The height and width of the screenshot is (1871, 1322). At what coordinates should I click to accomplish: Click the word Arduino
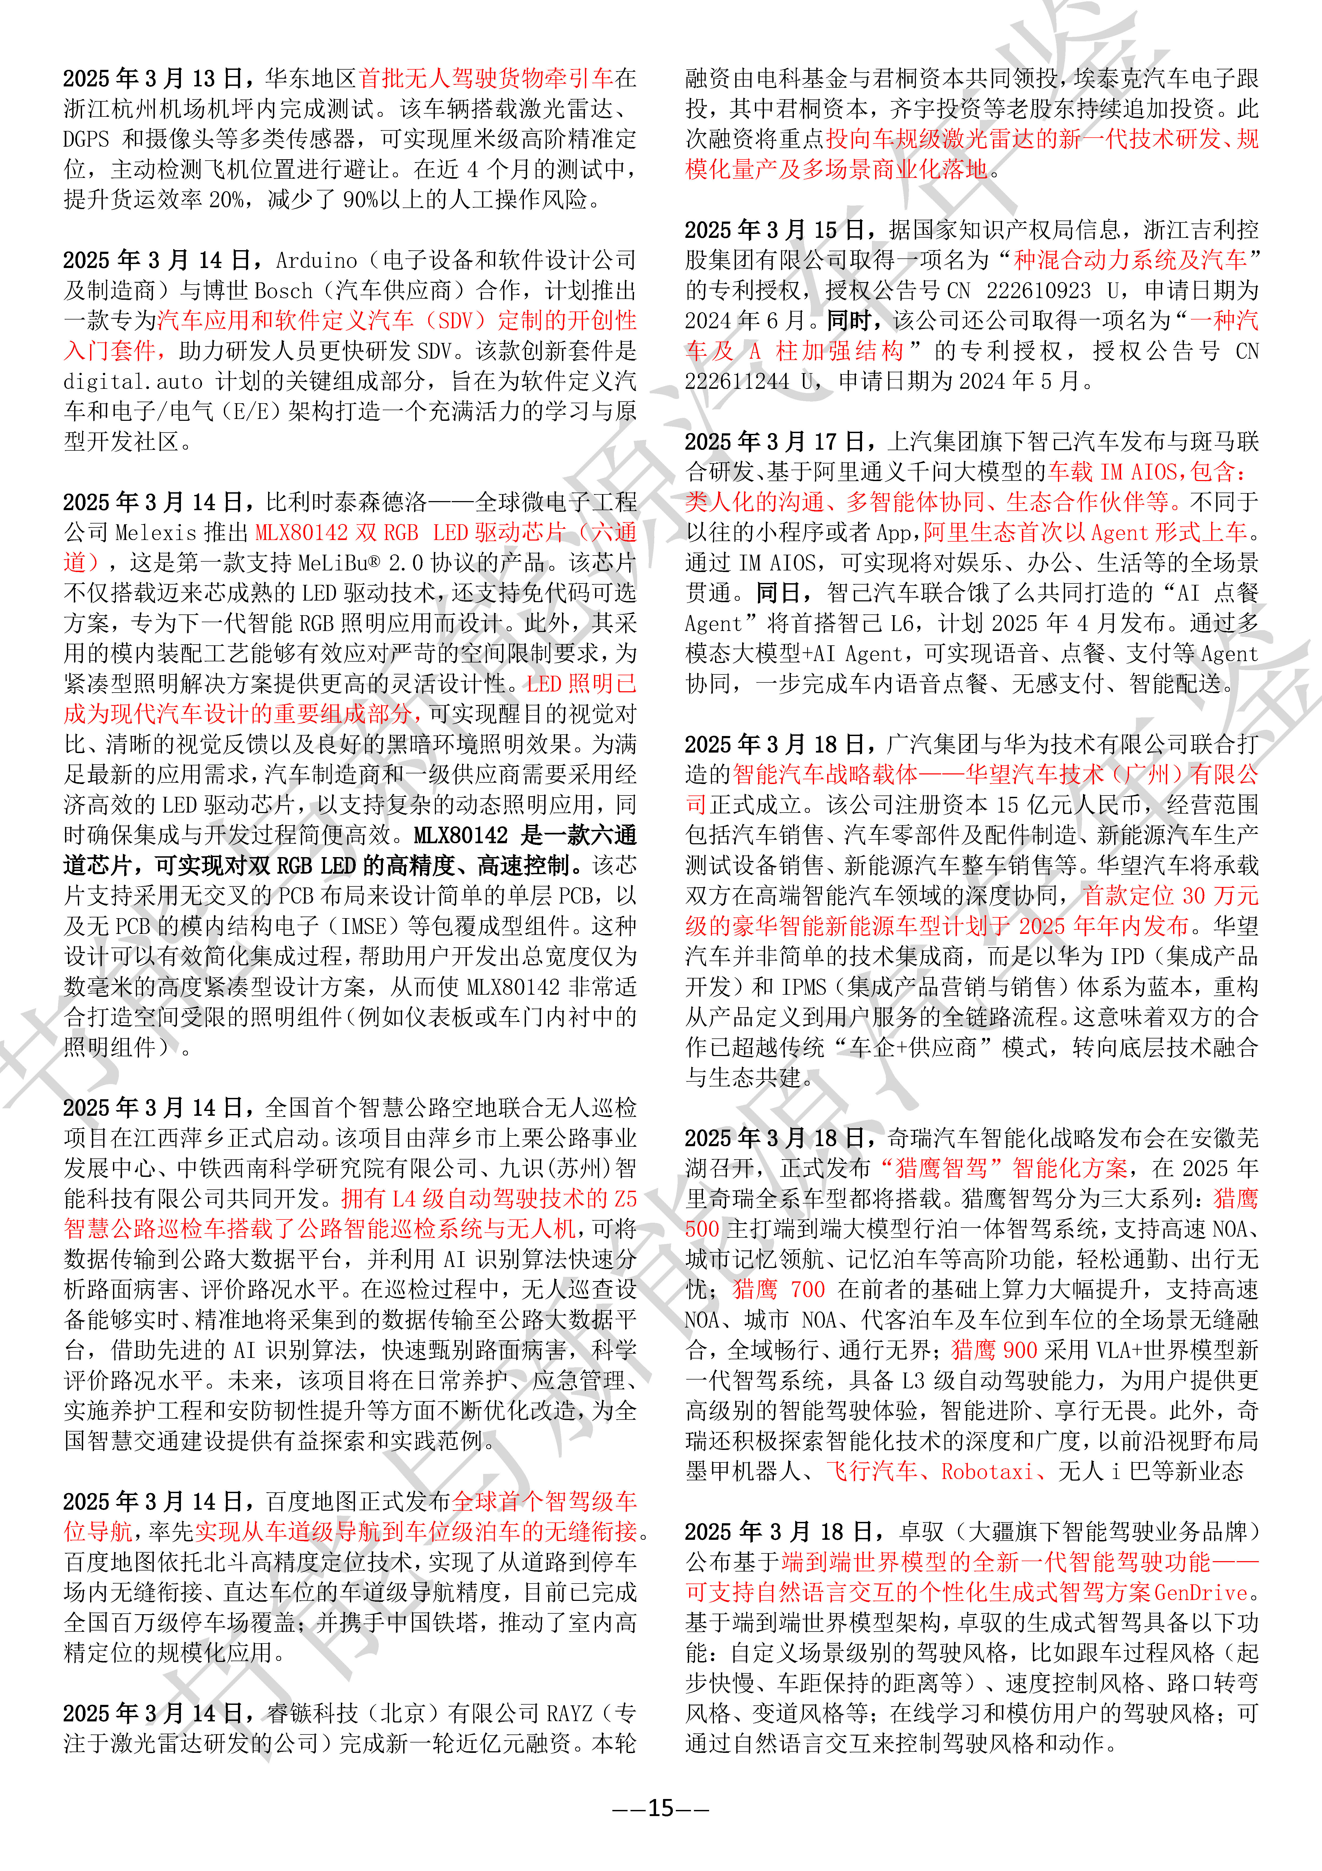(316, 261)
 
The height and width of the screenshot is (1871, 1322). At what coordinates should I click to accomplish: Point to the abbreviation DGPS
(86, 139)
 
